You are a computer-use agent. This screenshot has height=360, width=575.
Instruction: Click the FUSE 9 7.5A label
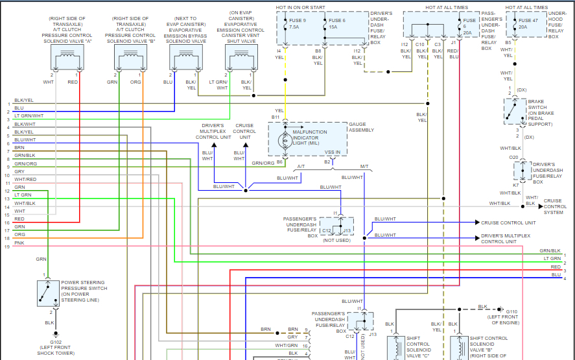click(x=299, y=24)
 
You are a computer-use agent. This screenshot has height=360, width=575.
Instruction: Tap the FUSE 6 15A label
click(x=338, y=24)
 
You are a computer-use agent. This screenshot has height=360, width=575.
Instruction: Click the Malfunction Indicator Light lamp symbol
click(x=283, y=139)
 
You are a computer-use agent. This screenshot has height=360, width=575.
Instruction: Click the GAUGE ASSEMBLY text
click(x=362, y=127)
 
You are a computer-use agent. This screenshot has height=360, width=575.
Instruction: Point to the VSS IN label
click(x=332, y=152)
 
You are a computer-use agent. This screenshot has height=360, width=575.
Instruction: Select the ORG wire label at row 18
click(x=19, y=234)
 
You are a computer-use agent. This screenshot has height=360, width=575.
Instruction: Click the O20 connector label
click(x=513, y=157)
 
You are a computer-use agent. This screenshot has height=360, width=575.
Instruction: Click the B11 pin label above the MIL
click(x=276, y=117)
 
